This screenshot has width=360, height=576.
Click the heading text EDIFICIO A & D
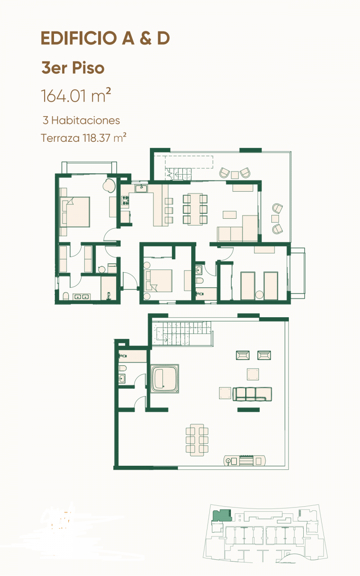point(105,39)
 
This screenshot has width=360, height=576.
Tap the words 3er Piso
point(72,68)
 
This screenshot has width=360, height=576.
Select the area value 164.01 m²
point(76,95)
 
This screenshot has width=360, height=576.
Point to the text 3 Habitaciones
point(81,121)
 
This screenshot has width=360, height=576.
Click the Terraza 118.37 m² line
point(83,138)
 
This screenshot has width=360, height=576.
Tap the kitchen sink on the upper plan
point(141,189)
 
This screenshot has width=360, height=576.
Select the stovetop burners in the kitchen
point(125,201)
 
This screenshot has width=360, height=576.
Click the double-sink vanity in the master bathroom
point(81,297)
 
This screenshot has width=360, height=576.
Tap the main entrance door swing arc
point(129,281)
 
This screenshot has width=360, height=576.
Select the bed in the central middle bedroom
point(158,280)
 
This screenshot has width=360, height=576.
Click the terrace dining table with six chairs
point(197,439)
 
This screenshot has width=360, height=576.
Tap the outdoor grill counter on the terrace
point(245,461)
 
